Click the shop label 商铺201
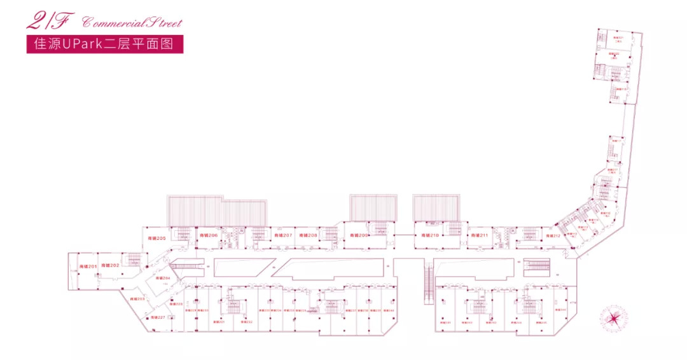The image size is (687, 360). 88,266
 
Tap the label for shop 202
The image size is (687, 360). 110,265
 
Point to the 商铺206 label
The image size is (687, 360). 209,235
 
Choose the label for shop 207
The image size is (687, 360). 283,235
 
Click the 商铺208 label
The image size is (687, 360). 308,235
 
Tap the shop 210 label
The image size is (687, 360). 430,235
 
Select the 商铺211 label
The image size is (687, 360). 480,235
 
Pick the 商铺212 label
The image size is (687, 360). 552,236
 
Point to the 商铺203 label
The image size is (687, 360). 137,298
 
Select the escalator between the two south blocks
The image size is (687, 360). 428,284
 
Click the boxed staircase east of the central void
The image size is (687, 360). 536,267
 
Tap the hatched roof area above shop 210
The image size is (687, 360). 436,207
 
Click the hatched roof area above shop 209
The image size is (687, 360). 373,207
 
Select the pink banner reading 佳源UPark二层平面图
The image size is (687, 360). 105,45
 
